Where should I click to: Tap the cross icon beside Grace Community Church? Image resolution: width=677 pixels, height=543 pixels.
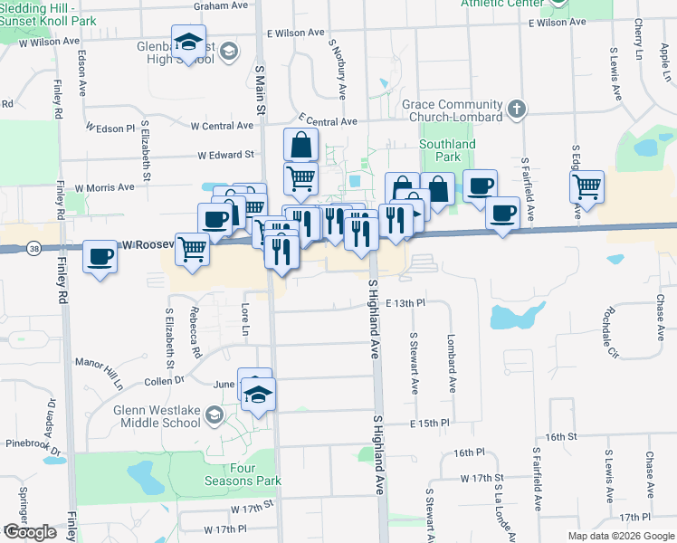517,110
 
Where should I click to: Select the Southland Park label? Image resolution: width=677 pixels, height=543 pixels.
447,150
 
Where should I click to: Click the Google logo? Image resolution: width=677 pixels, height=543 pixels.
30,532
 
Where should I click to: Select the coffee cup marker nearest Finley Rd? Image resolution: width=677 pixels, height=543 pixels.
100,257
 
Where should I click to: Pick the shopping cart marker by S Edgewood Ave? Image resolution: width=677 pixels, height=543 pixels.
586,186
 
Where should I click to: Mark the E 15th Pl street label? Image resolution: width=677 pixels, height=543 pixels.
429,423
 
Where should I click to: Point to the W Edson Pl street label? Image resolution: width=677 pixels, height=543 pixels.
110,128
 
